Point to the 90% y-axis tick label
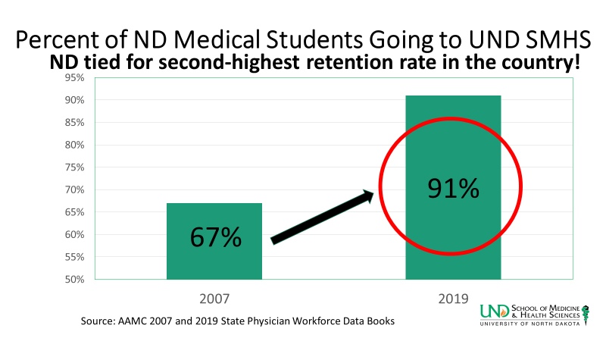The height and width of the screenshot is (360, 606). coord(73,100)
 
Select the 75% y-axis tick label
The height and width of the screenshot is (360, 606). coord(73,167)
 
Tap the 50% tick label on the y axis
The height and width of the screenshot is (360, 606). coord(73,280)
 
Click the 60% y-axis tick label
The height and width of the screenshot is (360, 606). coord(73,235)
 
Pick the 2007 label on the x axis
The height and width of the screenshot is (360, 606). coord(214,299)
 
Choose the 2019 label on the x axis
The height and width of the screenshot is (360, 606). coord(453,299)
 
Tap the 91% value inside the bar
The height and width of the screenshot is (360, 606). coord(453,187)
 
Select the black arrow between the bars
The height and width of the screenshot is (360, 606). coord(322,218)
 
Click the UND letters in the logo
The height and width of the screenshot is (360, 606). coord(495,311)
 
